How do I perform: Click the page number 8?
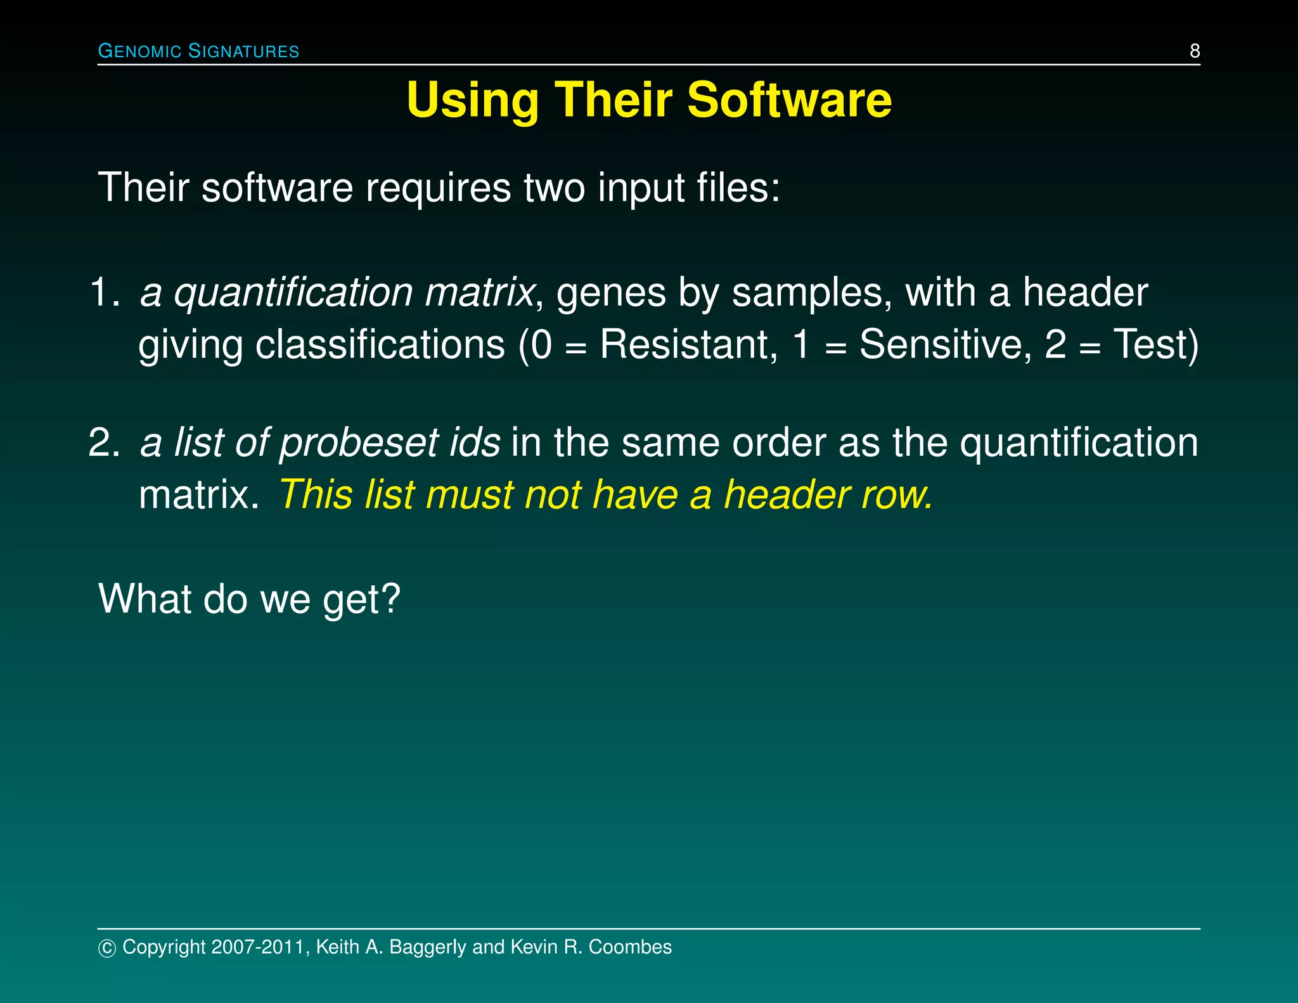1195,51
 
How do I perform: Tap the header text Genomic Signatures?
198,51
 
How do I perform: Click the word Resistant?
688,344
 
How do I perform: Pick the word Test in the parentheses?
1149,344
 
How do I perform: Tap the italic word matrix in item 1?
479,292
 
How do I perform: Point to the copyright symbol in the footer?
107,948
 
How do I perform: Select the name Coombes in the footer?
630,947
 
